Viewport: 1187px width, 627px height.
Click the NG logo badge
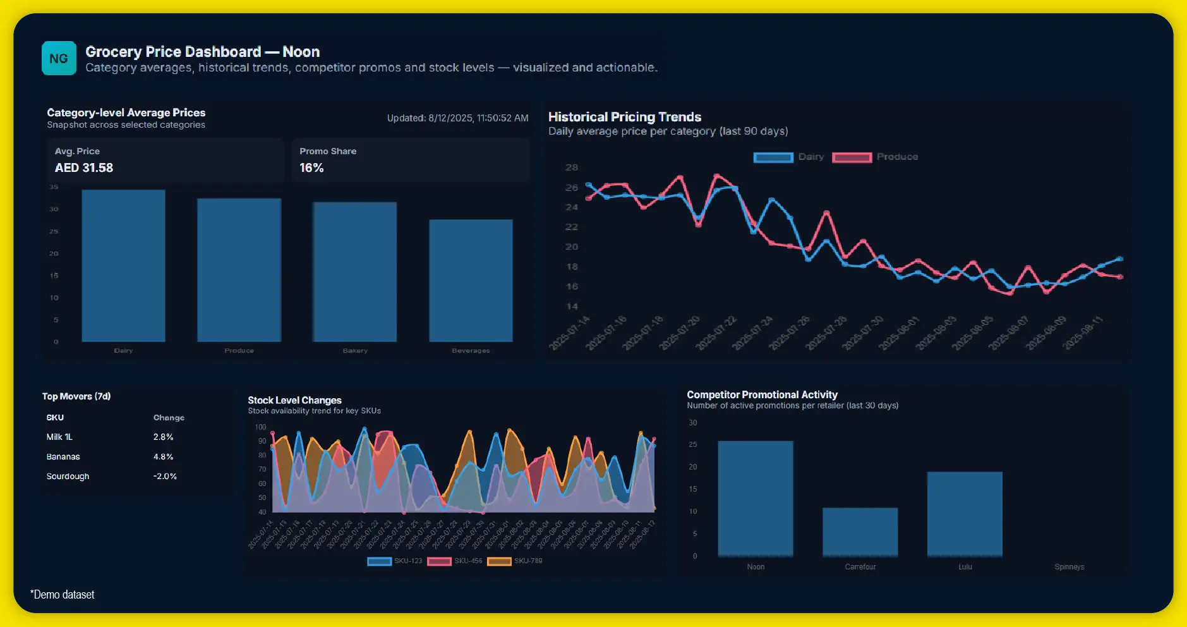point(59,58)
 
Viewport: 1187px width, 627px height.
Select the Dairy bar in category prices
point(123,265)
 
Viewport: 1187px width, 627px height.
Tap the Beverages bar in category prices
point(471,281)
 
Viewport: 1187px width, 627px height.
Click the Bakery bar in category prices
point(355,272)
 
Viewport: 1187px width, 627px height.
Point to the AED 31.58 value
point(84,168)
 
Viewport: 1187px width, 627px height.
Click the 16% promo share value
point(311,168)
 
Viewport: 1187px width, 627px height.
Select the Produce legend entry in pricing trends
point(876,157)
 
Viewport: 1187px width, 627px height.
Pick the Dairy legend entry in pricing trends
point(790,157)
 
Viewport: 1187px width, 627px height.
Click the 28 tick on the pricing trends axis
point(571,167)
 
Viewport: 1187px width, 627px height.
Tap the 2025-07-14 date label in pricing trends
point(570,332)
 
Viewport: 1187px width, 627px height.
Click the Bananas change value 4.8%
point(163,456)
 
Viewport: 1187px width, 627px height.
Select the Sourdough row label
point(68,476)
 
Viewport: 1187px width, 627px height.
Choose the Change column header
point(169,418)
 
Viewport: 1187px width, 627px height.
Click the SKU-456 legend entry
point(455,561)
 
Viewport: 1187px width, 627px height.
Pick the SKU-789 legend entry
point(515,561)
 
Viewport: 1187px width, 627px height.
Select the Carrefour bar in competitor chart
point(860,532)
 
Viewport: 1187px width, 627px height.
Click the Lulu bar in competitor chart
point(965,514)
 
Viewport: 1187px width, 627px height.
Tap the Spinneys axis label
point(1069,567)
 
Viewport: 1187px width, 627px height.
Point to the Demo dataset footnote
point(63,595)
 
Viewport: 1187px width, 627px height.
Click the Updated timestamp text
point(457,118)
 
